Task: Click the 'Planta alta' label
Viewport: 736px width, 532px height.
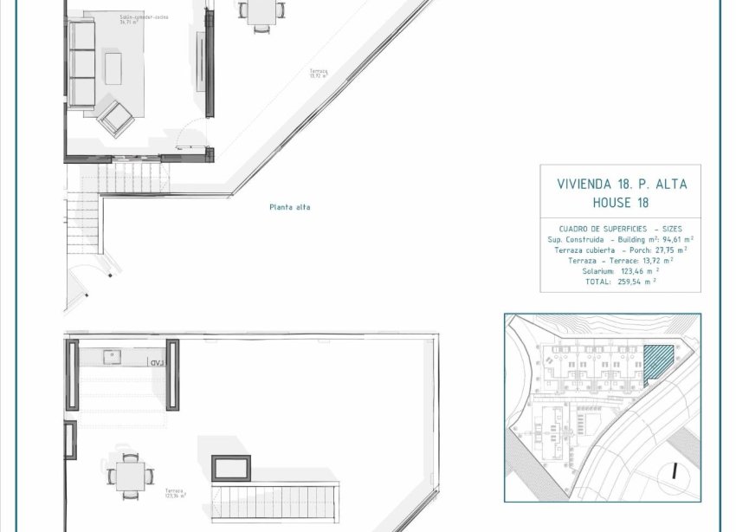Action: click(289, 207)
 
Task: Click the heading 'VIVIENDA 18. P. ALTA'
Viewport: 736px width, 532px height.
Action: click(620, 185)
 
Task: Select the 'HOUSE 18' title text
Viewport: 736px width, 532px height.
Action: click(620, 203)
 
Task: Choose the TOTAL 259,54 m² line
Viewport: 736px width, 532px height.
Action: click(619, 281)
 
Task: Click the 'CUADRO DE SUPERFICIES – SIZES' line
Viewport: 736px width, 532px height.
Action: click(620, 229)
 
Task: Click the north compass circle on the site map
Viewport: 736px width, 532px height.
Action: click(673, 471)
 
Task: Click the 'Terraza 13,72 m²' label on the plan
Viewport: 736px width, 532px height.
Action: click(319, 74)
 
